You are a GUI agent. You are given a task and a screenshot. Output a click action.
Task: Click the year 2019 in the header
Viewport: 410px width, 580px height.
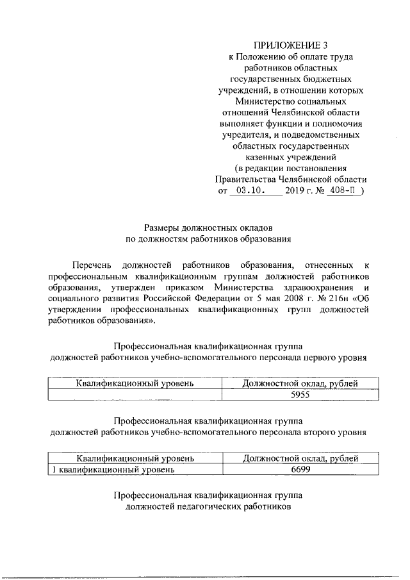tap(296, 191)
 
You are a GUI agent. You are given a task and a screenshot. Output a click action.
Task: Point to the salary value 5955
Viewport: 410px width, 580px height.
tap(300, 395)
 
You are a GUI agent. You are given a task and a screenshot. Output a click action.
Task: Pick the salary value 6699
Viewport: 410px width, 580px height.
tap(300, 470)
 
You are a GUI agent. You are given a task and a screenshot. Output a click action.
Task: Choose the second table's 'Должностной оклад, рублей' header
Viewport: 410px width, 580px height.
tap(300, 458)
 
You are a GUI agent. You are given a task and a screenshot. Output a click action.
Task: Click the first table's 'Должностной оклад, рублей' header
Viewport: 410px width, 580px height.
tap(300, 384)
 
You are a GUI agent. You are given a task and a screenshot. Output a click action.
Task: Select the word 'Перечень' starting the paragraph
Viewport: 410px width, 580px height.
tap(94, 264)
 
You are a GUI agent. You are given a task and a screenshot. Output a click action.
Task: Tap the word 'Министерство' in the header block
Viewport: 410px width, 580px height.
tap(262, 101)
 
